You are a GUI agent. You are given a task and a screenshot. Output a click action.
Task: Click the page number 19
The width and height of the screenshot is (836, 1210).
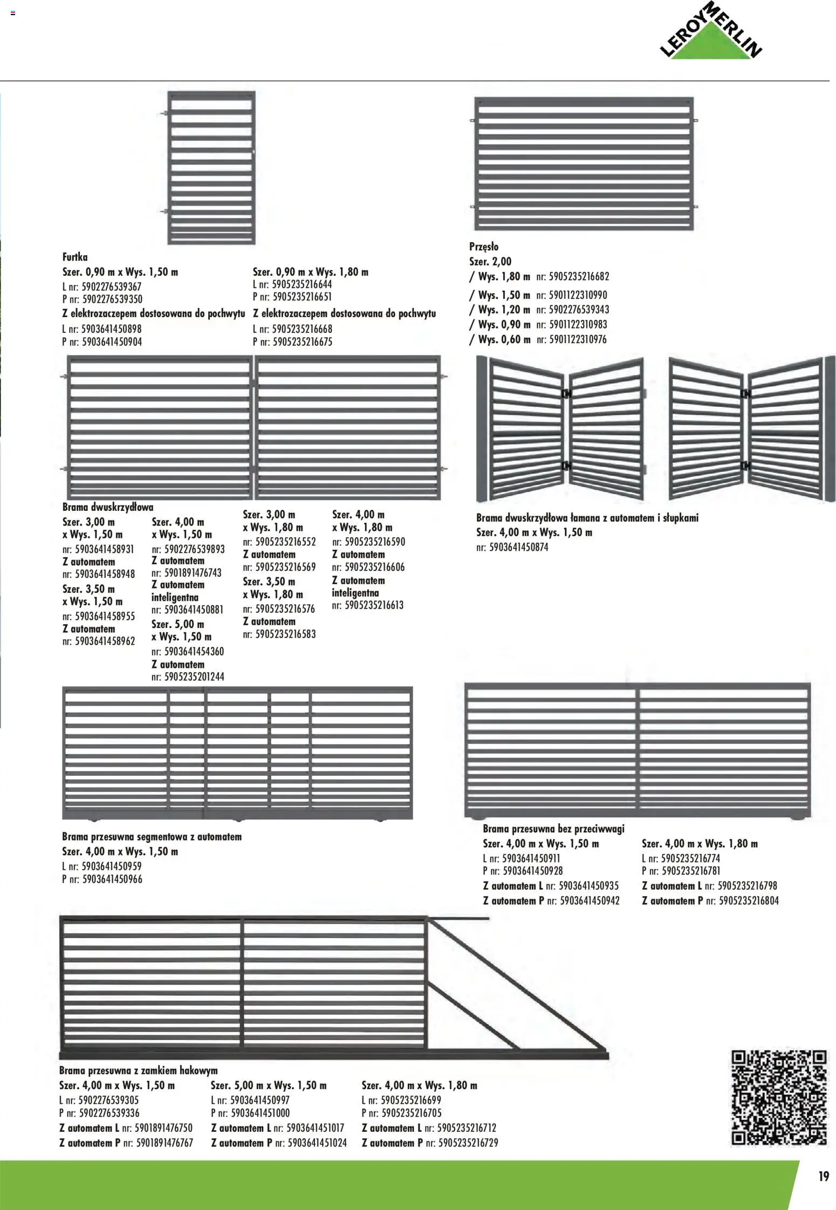click(x=823, y=1176)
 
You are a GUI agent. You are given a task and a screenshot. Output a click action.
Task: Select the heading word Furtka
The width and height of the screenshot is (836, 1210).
click(x=75, y=257)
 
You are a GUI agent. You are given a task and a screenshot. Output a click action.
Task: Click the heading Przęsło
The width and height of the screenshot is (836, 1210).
click(x=484, y=247)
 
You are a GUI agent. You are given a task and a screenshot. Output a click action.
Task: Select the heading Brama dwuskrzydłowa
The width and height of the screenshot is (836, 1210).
click(x=108, y=507)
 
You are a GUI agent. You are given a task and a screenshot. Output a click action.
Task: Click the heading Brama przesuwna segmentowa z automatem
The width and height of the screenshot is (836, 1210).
click(x=152, y=837)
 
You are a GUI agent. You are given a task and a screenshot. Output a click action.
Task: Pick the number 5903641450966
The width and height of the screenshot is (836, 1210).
click(x=112, y=879)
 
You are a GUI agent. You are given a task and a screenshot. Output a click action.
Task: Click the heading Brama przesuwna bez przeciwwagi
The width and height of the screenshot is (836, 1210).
click(x=553, y=829)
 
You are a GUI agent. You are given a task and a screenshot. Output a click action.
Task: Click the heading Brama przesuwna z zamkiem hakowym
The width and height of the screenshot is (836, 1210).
click(x=138, y=1070)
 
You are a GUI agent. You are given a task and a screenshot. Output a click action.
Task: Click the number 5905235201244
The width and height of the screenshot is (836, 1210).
click(x=194, y=676)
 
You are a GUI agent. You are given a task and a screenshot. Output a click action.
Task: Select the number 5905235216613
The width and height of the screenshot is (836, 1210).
click(x=374, y=605)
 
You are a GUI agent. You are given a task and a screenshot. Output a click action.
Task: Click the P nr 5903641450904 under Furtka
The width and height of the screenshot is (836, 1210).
click(x=112, y=342)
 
